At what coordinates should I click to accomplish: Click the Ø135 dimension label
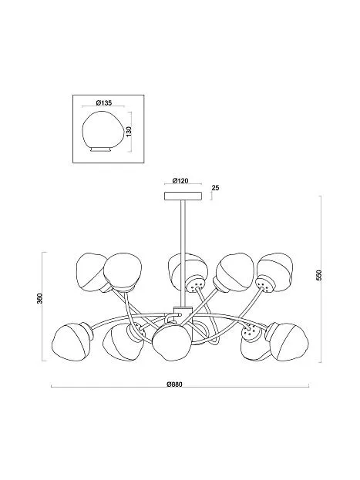104,103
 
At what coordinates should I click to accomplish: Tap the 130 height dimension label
129,132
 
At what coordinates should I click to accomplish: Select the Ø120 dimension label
180,180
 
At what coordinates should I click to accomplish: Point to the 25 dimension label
215,188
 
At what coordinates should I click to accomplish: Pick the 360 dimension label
39,298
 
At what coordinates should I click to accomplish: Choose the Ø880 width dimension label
175,384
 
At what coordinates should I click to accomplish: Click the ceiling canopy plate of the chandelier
183,196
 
